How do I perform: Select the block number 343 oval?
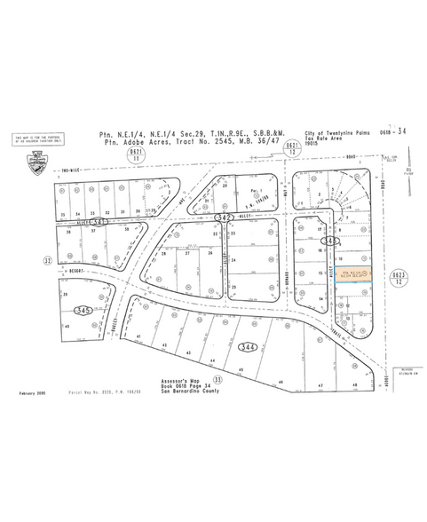click(x=331, y=240)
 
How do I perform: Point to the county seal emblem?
click(x=38, y=162)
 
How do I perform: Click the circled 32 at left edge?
click(x=47, y=260)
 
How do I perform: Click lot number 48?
click(x=353, y=384)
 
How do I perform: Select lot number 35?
click(x=63, y=214)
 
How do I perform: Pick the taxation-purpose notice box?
click(x=38, y=140)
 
